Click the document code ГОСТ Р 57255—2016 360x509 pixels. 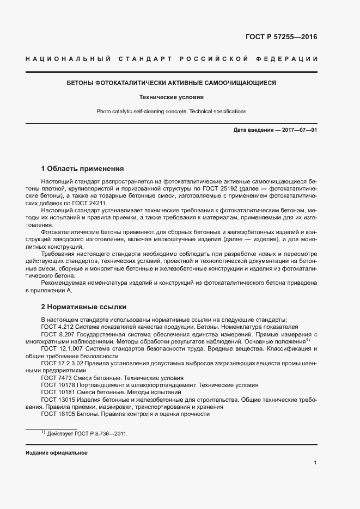278,37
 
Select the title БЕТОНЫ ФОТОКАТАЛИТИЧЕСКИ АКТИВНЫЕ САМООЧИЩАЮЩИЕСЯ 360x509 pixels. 171,83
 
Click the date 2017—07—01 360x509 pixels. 297,130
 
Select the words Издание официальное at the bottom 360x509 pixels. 57,453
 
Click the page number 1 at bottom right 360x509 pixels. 315,463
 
